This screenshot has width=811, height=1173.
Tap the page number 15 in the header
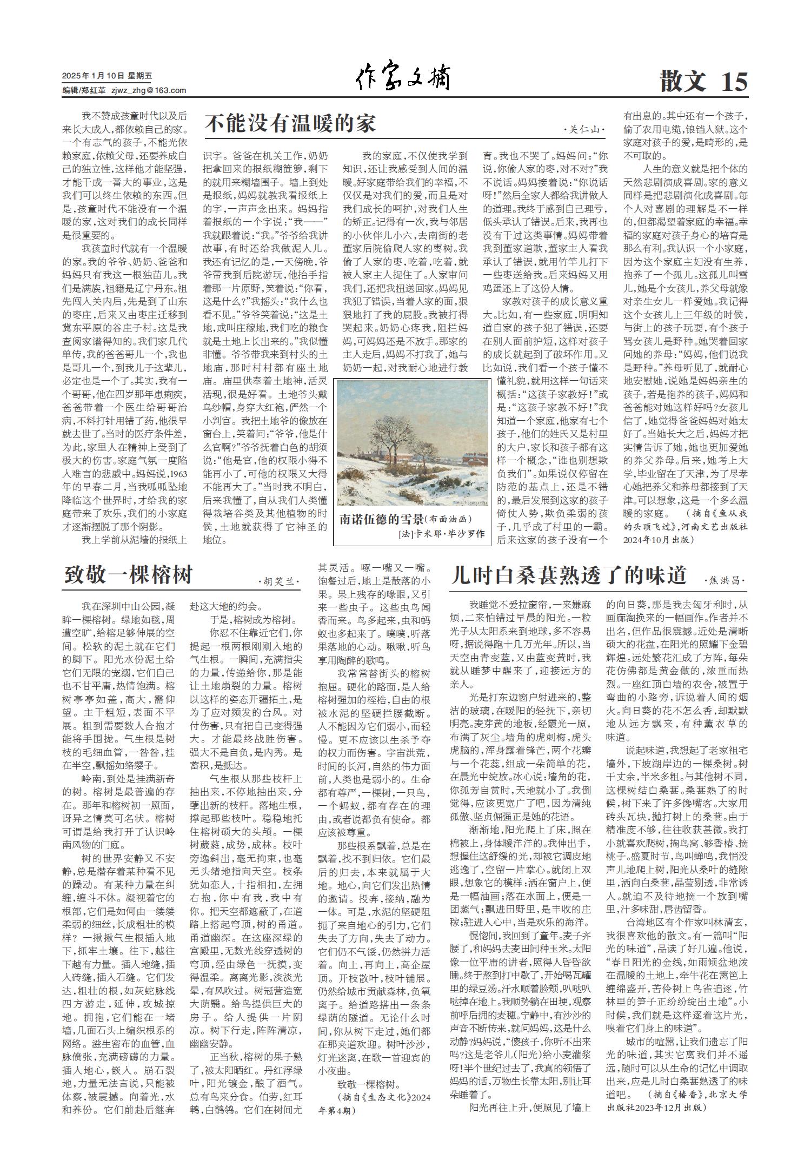734,82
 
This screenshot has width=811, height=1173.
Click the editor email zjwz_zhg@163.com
149,90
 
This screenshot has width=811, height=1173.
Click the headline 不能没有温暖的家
290,124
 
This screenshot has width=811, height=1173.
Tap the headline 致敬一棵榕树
128,574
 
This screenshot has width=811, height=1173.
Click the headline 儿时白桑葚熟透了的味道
568,575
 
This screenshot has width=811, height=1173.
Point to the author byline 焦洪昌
724,581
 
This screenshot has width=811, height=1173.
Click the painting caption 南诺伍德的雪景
381,519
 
